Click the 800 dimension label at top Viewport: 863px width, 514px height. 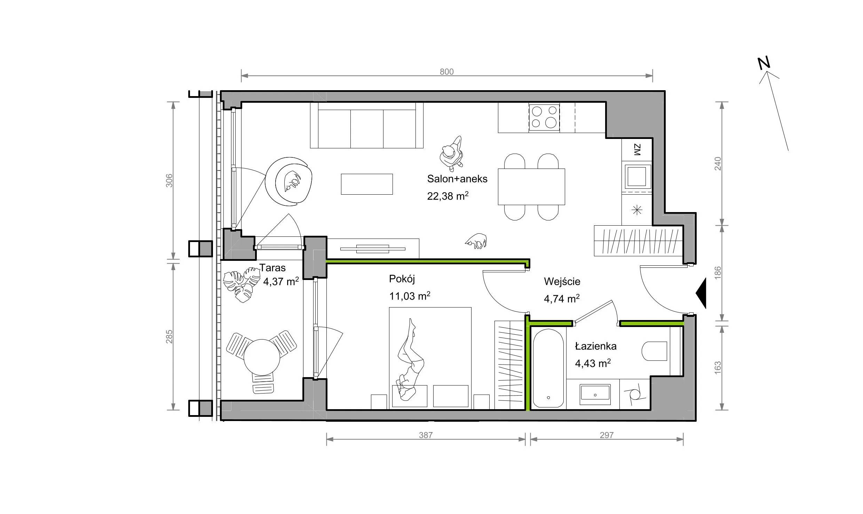point(446,71)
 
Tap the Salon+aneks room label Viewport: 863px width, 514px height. point(457,179)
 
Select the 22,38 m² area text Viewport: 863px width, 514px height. point(448,196)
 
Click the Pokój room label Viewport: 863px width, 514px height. point(402,279)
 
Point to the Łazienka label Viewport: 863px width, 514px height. point(595,346)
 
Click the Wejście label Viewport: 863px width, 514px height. point(562,281)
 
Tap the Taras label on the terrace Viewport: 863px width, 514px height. point(272,268)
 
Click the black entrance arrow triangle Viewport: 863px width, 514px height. point(701,293)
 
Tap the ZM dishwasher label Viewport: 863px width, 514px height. point(637,150)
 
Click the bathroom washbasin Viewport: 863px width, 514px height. point(595,395)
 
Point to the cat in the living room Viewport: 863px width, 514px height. point(476,241)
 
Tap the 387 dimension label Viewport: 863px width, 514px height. point(426,435)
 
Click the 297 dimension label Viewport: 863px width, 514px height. point(607,435)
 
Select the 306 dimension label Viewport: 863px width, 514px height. point(169,180)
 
